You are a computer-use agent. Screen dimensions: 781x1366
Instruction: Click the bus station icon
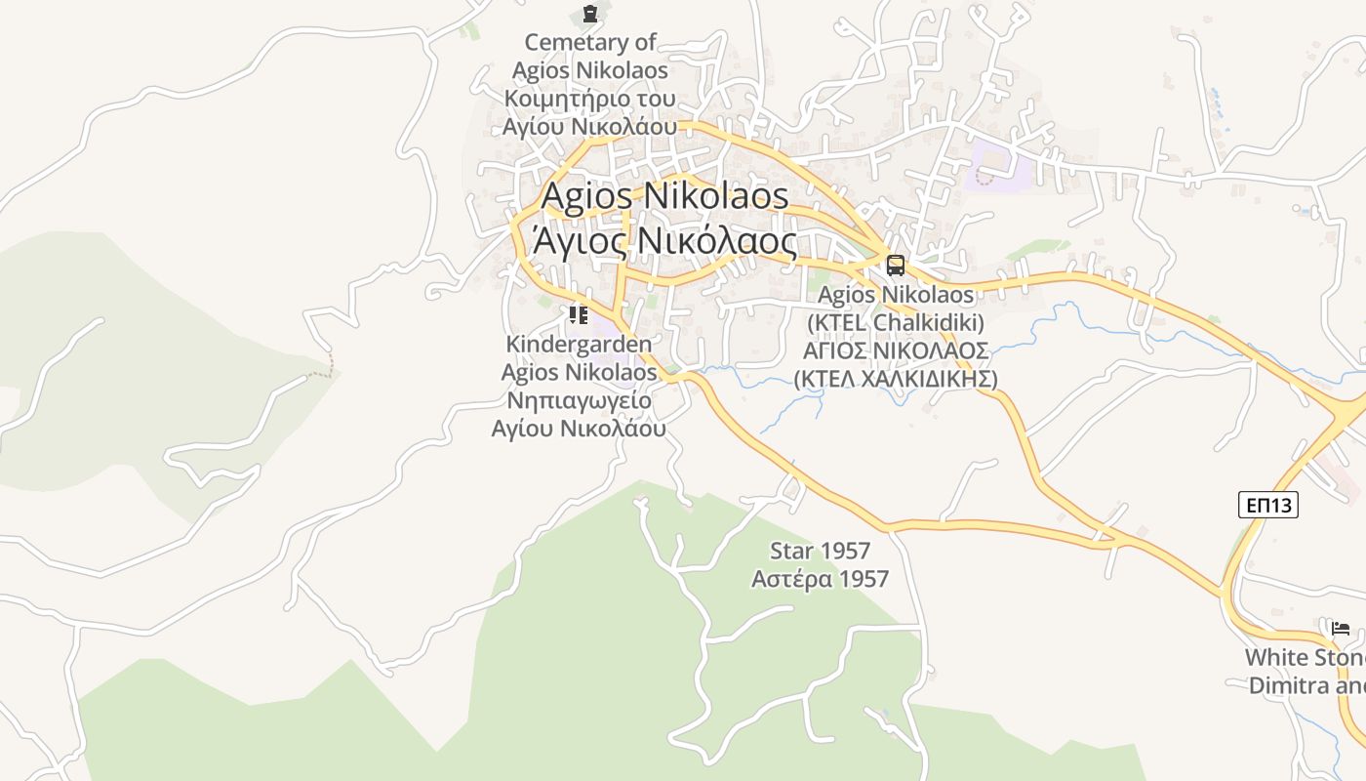coord(895,265)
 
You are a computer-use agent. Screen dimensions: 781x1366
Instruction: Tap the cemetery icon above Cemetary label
coord(589,14)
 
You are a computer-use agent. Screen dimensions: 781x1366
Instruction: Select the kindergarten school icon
coord(579,314)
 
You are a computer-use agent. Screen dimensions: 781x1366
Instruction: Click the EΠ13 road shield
coord(1268,505)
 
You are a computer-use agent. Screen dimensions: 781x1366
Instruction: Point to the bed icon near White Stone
coord(1341,628)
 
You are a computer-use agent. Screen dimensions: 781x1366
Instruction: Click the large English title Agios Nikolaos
coord(664,195)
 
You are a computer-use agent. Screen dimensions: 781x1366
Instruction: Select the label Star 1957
coord(820,551)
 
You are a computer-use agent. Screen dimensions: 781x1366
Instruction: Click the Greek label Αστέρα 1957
coord(820,579)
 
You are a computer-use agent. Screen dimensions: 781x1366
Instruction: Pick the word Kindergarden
coord(579,344)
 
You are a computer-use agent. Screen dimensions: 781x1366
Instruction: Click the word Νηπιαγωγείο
coord(579,400)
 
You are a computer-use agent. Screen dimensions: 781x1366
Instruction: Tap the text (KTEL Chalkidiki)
coord(896,322)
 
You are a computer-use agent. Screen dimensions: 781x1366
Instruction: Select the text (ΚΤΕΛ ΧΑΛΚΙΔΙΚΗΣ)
coord(896,379)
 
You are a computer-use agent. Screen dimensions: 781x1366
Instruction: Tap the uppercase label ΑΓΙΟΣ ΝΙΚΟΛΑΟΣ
coord(896,350)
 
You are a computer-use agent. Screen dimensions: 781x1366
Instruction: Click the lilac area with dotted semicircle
coord(995,168)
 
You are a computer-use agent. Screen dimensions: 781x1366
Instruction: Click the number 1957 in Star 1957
coord(845,551)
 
